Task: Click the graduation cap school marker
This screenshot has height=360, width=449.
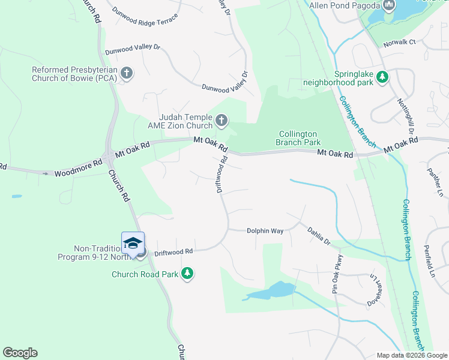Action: click(133, 243)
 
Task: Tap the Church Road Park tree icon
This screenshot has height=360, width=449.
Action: click(188, 274)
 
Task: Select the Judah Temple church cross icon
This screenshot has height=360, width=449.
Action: click(221, 122)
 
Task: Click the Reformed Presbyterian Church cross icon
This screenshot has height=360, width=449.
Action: click(126, 73)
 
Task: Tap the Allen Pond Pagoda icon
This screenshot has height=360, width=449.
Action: click(389, 6)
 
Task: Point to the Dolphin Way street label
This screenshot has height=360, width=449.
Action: click(265, 230)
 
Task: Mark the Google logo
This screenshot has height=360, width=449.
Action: click(20, 353)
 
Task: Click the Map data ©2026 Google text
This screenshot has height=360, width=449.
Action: click(411, 355)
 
